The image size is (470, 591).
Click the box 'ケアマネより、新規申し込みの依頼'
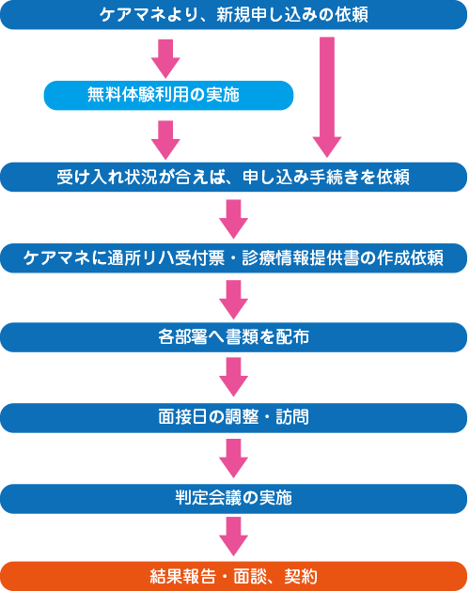tap(234, 15)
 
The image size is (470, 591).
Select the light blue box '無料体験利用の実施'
tap(168, 95)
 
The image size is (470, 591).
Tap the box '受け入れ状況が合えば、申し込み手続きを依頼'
tap(234, 177)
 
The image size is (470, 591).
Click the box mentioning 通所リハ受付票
tap(234, 258)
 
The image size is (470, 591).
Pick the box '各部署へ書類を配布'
tap(234, 337)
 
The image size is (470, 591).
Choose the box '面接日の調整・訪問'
tap(234, 418)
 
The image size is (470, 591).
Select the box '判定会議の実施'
tap(234, 499)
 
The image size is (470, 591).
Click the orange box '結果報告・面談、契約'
tap(234, 576)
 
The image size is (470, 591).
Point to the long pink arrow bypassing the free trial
tap(327, 97)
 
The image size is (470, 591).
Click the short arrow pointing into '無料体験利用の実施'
tap(165, 59)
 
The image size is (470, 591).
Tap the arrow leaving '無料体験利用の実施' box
tap(165, 140)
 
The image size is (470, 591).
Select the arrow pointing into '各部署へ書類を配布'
tap(233, 300)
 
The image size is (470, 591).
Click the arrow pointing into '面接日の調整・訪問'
tap(233, 377)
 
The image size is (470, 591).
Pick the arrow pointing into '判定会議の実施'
tap(233, 459)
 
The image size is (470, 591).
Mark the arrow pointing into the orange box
tap(233, 537)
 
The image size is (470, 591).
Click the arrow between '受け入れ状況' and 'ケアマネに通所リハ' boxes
tap(233, 219)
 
